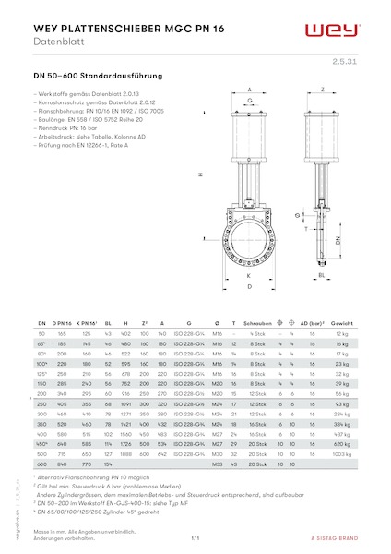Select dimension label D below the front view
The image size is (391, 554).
[x=250, y=287]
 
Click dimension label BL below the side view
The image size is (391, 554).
[x=321, y=275]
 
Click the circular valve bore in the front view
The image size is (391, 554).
[x=250, y=240]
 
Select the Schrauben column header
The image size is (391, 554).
[x=261, y=324]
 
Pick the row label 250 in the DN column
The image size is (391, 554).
[x=41, y=403]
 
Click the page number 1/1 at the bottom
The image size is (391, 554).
[x=195, y=537]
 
